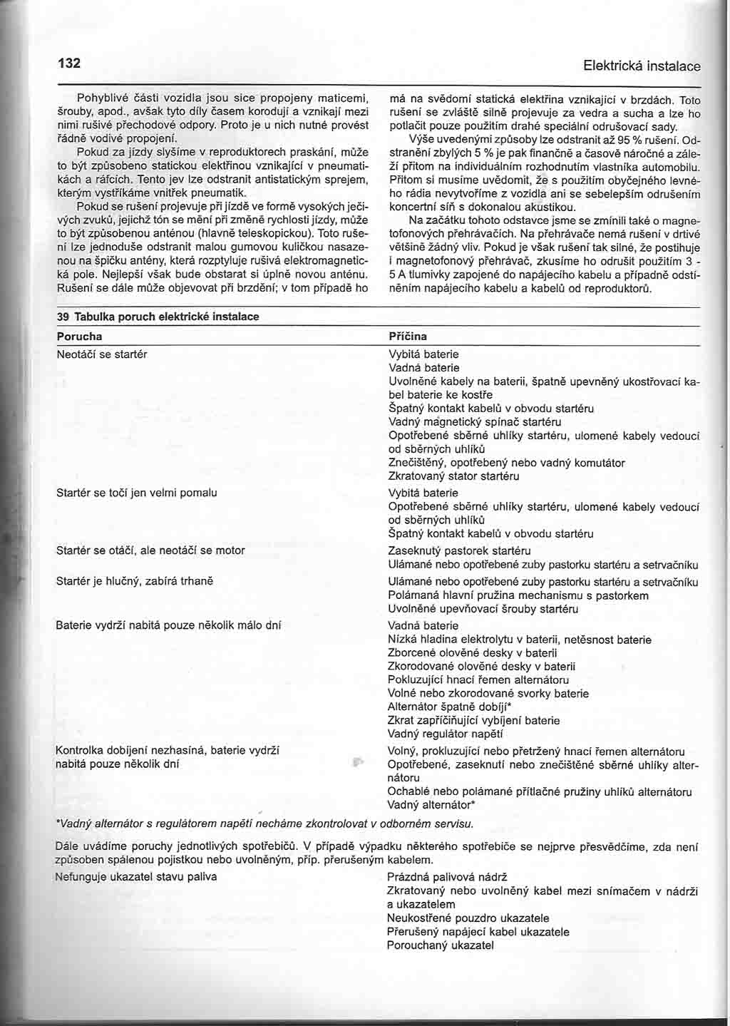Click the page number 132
pos(69,63)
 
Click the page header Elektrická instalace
pos(641,66)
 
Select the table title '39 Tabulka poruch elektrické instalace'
pos(158,316)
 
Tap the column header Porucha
pos(79,336)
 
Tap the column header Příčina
pos(407,336)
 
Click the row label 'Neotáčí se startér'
pos(101,354)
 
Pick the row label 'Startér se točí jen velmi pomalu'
pos(136,493)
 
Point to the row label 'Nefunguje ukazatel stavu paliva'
pos(136,876)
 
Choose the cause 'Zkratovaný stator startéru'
pos(453,476)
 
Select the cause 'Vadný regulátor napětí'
pos(446,734)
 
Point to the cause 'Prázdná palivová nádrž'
pos(447,877)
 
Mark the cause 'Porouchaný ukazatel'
pos(440,945)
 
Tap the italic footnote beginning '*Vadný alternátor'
pos(264,824)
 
